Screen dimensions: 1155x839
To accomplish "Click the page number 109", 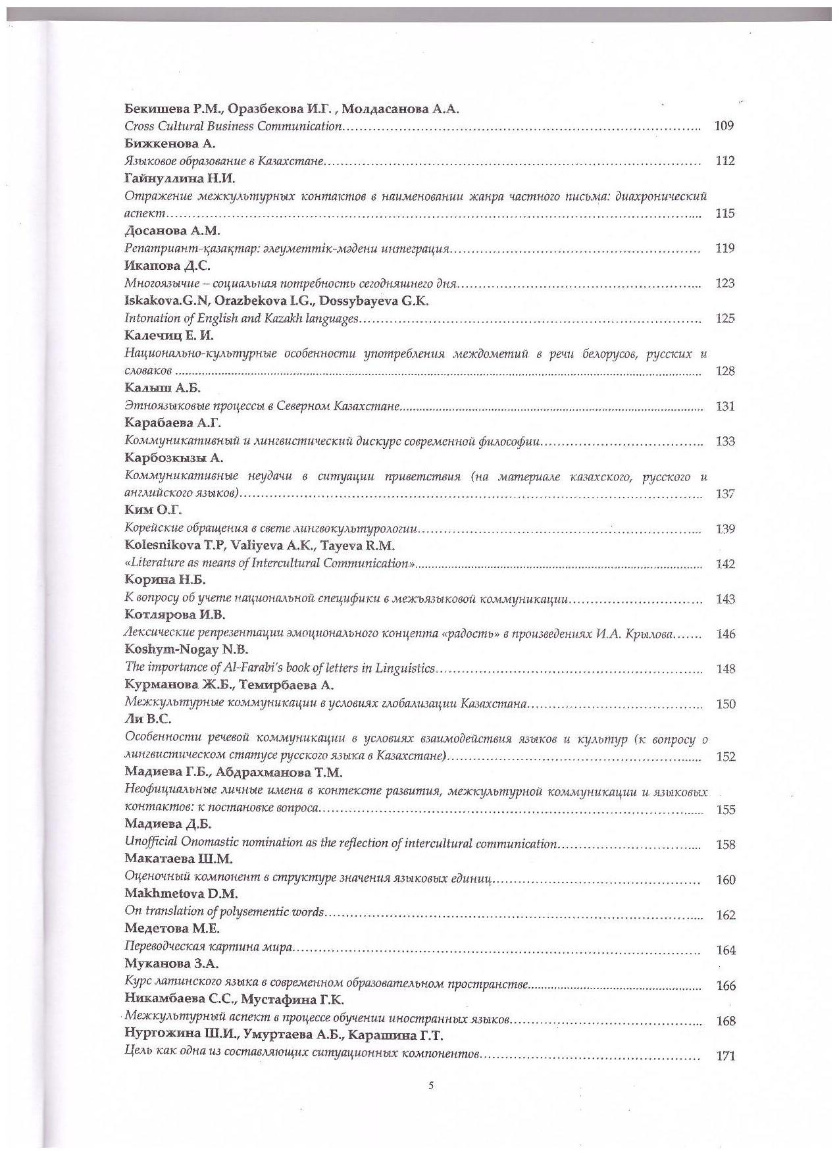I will click(724, 126).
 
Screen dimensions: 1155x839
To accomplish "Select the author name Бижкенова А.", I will click(161, 143).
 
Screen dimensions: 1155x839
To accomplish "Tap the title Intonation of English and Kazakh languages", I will click(242, 319).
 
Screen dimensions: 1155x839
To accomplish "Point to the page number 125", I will click(725, 319).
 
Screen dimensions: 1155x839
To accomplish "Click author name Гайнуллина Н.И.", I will click(180, 178).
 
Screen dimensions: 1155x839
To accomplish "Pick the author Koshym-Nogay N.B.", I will click(186, 651).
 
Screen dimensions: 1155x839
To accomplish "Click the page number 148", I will click(725, 669).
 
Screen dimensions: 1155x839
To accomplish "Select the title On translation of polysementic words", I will click(224, 912).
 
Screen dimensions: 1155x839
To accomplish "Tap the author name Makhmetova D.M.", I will click(181, 894).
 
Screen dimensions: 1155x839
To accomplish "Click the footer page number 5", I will click(431, 1087).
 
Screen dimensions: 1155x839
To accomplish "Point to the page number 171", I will click(725, 1056).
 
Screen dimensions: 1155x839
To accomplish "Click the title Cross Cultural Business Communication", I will click(233, 126).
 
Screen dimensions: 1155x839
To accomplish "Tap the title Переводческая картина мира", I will click(208, 947).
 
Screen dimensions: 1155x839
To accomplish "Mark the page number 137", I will click(725, 494).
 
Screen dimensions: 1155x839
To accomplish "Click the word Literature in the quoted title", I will click(155, 563).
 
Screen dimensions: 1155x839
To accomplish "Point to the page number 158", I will click(725, 844).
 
